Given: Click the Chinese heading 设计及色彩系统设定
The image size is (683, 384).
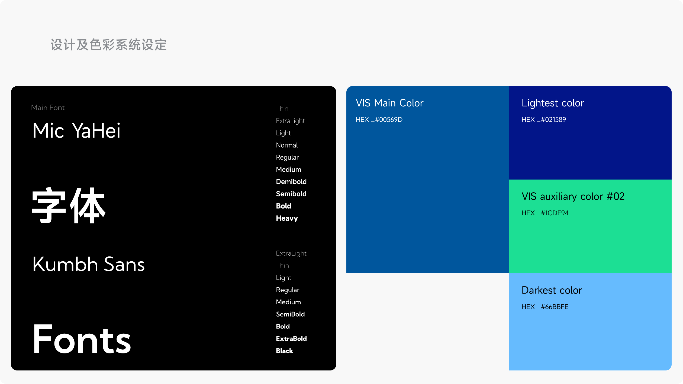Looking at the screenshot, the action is [x=108, y=45].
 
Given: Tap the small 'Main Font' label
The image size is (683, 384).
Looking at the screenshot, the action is [x=48, y=108].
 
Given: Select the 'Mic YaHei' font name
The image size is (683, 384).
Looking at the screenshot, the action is [x=76, y=131].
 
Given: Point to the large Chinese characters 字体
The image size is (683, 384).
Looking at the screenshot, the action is [x=69, y=205].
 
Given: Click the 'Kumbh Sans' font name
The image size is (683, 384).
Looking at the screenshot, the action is [x=89, y=264].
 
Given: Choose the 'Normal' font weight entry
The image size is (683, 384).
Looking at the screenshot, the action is [x=287, y=145].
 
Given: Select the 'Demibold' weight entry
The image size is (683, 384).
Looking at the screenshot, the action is [x=291, y=182].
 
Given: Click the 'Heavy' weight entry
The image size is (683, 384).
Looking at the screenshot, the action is [x=287, y=219].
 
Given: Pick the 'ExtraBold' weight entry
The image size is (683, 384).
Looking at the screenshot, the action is [x=291, y=339].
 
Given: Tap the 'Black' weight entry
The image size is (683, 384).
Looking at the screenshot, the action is [x=285, y=351].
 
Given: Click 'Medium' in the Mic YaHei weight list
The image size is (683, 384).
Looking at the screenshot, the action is [x=289, y=170].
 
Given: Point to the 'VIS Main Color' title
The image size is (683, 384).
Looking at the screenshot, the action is [x=389, y=103].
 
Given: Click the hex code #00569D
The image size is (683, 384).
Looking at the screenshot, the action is [x=379, y=119].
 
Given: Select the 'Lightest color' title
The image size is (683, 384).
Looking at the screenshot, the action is [x=553, y=103].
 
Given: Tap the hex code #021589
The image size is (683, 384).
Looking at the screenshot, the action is [x=544, y=119].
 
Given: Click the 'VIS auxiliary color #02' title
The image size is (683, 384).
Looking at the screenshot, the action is [x=573, y=196].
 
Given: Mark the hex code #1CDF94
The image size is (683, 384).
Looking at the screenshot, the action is [x=545, y=213].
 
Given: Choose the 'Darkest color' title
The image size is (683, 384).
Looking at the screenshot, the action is [x=552, y=290].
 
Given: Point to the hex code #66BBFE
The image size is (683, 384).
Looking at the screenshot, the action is [x=545, y=307].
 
